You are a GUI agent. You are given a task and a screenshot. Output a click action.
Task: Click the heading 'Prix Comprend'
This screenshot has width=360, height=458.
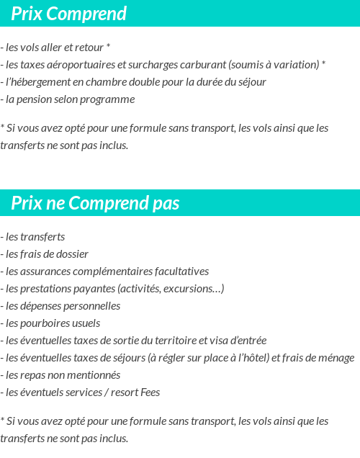(69, 14)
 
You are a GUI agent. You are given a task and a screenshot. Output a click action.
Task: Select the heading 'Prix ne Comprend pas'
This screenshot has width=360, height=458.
(96, 204)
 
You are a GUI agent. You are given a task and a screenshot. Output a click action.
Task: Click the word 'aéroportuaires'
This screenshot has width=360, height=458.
(73, 65)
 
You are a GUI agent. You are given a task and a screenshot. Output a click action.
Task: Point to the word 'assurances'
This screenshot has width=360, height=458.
(43, 271)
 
